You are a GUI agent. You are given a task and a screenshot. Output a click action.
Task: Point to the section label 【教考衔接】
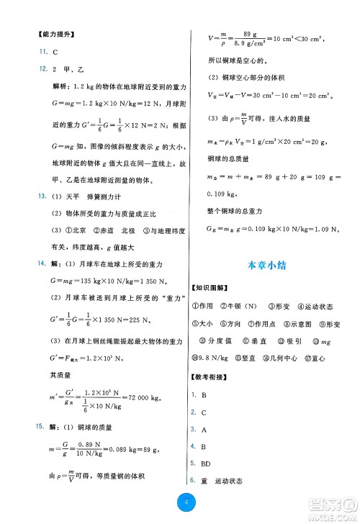coord(214,376)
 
